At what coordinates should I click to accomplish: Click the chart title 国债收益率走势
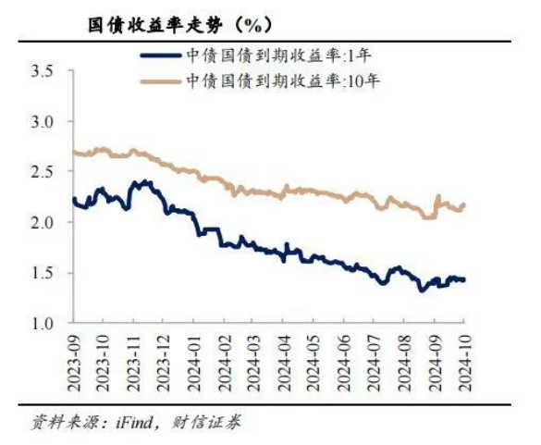pyautogui.click(x=148, y=19)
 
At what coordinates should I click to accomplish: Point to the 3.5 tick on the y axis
pyautogui.click(x=43, y=71)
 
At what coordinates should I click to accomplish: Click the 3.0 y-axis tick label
pyautogui.click(x=43, y=121)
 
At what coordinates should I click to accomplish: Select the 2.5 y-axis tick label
pyautogui.click(x=43, y=172)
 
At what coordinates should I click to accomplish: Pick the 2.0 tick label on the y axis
pyautogui.click(x=43, y=222)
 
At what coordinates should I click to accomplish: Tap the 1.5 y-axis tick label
pyautogui.click(x=43, y=273)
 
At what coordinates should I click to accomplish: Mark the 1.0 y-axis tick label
pyautogui.click(x=43, y=323)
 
